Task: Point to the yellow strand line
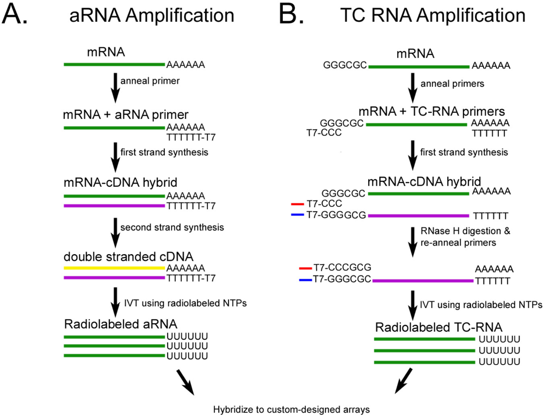(x=114, y=268)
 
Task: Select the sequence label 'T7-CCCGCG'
(x=342, y=268)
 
